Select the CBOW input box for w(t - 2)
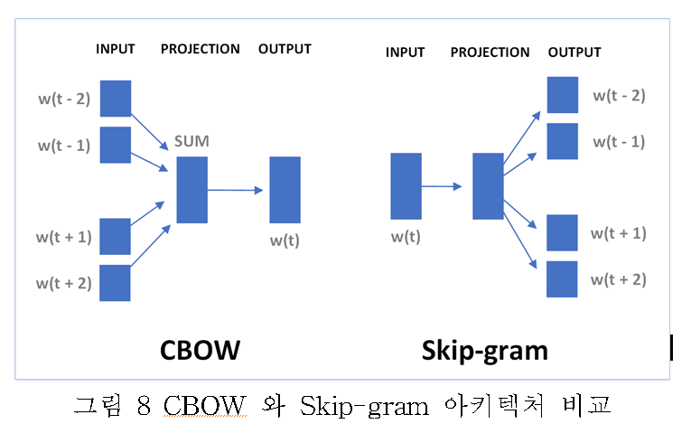pyautogui.click(x=116, y=99)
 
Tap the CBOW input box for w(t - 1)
pyautogui.click(x=116, y=145)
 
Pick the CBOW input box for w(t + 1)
pyautogui.click(x=116, y=236)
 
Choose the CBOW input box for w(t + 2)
pyautogui.click(x=116, y=282)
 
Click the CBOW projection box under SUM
pyautogui.click(x=192, y=190)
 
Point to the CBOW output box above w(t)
pyautogui.click(x=285, y=190)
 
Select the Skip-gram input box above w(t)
pyautogui.click(x=406, y=187)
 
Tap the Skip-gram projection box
pyautogui.click(x=488, y=186)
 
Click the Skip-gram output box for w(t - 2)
pyautogui.click(x=562, y=95)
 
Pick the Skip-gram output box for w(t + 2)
pyautogui.click(x=562, y=279)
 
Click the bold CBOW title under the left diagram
pyautogui.click(x=201, y=348)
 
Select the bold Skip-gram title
pyautogui.click(x=484, y=350)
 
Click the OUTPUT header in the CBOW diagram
pyautogui.click(x=285, y=49)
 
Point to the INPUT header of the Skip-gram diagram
pyautogui.click(x=405, y=52)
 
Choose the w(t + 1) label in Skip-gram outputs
pyautogui.click(x=619, y=233)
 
